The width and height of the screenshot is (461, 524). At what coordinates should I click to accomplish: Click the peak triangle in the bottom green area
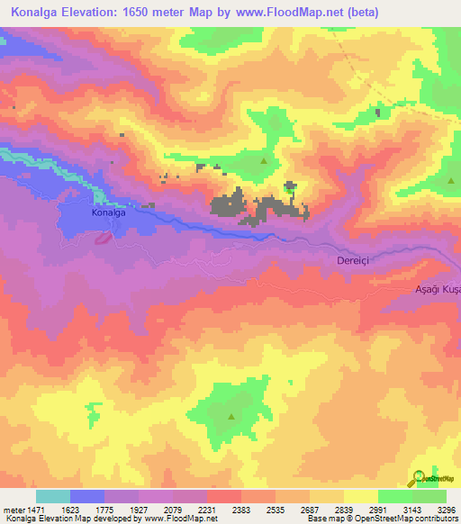pyautogui.click(x=231, y=416)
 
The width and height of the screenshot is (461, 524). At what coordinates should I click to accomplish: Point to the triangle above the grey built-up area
pyautogui.click(x=264, y=161)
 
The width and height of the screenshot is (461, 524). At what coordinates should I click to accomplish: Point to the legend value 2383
pyautogui.click(x=241, y=509)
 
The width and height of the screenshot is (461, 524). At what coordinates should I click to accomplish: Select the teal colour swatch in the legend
pyautogui.click(x=53, y=496)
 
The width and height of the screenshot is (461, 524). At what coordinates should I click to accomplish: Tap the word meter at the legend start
pyautogui.click(x=13, y=509)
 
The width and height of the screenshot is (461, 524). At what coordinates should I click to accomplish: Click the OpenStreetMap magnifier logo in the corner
pyautogui.click(x=419, y=477)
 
